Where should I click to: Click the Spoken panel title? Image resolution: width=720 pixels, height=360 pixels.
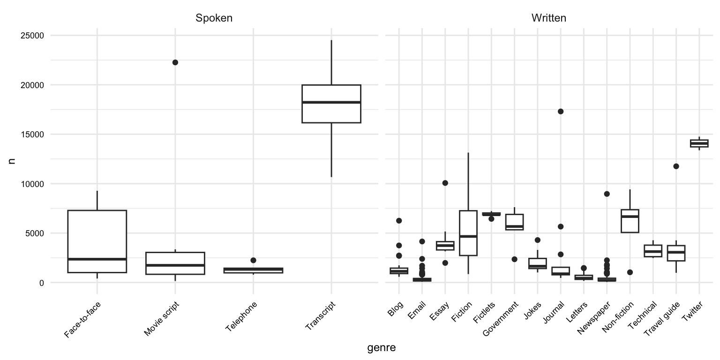click(214, 18)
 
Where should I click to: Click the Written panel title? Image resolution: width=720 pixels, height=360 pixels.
click(548, 18)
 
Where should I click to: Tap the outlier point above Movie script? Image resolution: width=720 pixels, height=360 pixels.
click(175, 62)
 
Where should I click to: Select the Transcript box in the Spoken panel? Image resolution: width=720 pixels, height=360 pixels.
click(331, 104)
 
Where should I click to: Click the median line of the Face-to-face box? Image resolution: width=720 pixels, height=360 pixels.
click(97, 259)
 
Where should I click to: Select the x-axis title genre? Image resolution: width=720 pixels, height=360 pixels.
click(381, 348)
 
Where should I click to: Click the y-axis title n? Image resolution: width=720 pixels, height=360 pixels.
click(12, 159)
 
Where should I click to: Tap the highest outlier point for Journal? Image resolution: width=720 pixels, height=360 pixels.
click(561, 111)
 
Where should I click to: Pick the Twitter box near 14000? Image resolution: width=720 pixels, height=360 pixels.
click(699, 143)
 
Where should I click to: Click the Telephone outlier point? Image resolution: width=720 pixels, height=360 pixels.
click(253, 260)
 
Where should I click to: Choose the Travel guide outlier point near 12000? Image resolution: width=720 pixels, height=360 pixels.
click(676, 166)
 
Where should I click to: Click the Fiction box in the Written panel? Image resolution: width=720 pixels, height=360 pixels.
click(468, 233)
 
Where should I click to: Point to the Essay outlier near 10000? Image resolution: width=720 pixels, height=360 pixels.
click(445, 183)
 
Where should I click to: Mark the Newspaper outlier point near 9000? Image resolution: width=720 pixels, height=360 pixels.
click(607, 194)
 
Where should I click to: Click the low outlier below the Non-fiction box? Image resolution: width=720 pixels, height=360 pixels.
click(630, 272)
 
